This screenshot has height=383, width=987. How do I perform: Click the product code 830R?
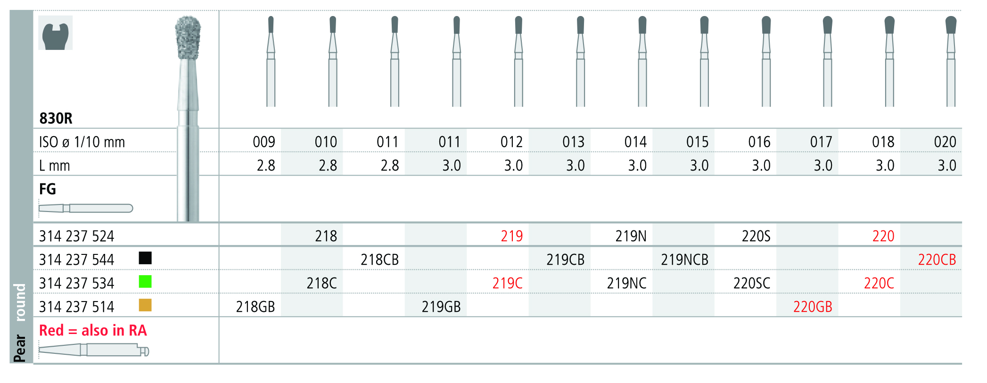(x=56, y=118)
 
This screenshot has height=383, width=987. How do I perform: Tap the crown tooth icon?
(x=56, y=33)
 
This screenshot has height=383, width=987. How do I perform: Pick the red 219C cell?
(x=508, y=283)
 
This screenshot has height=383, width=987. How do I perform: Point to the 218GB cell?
(x=255, y=307)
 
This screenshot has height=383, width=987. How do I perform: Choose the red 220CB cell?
(x=937, y=260)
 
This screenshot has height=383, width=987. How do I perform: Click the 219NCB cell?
(x=684, y=260)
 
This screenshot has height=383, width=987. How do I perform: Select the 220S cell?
(x=756, y=236)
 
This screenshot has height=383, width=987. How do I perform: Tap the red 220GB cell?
(x=813, y=307)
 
